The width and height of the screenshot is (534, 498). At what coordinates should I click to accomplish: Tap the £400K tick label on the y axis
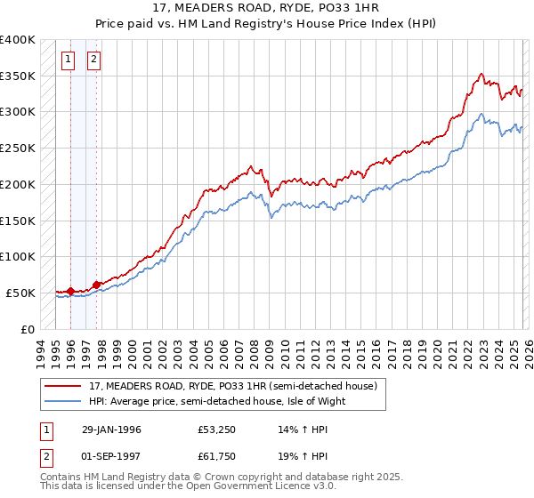[x=18, y=40]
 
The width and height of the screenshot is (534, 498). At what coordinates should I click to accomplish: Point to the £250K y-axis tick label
[x=18, y=149]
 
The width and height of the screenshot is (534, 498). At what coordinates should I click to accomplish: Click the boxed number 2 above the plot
[x=93, y=60]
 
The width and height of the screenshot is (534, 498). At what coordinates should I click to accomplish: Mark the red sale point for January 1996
[x=70, y=291]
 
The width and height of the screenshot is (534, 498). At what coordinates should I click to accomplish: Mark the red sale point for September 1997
[x=95, y=285]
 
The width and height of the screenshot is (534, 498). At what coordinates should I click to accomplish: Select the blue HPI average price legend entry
[x=214, y=401]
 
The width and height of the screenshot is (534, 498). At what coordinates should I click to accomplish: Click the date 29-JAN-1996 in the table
[x=111, y=430]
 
